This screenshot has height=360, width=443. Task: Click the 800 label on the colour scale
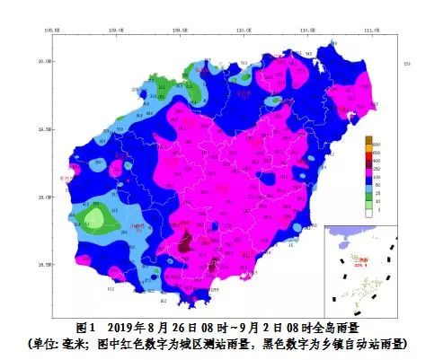pos(378,144)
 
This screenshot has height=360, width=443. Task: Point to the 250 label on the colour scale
pos(378,169)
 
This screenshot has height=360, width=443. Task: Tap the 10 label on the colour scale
pos(378,201)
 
